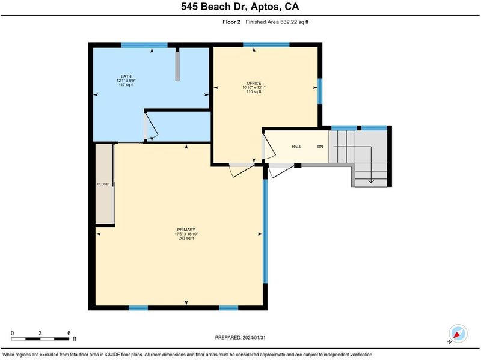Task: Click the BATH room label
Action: (x=126, y=76)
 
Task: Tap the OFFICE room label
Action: (x=254, y=83)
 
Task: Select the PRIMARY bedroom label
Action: (x=186, y=230)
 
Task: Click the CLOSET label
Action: (x=103, y=184)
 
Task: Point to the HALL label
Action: (x=296, y=147)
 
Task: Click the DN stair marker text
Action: (x=320, y=147)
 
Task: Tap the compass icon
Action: (x=458, y=334)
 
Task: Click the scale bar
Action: (x=40, y=339)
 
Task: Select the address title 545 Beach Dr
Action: (x=214, y=7)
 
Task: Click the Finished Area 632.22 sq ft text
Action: (x=277, y=22)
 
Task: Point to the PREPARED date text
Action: (x=240, y=338)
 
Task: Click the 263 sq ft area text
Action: (x=186, y=238)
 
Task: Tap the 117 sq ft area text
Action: (x=126, y=85)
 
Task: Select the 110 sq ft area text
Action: (x=254, y=92)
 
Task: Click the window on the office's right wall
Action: (x=320, y=91)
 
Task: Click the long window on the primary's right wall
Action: (x=265, y=231)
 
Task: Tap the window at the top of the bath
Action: (x=144, y=45)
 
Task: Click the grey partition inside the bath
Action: (x=177, y=64)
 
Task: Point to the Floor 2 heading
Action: (x=231, y=22)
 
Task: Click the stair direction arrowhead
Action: (x=371, y=182)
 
